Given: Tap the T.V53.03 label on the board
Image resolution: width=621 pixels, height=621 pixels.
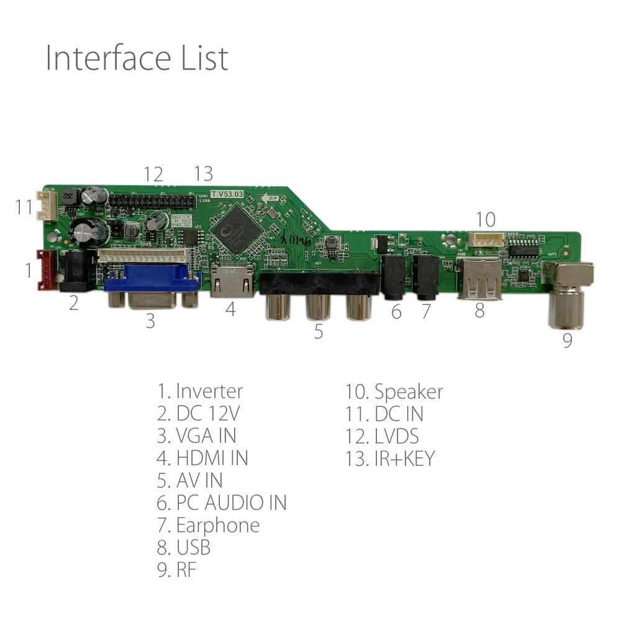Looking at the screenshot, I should [227, 194].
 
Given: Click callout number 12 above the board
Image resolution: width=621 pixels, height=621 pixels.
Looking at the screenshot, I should [153, 175].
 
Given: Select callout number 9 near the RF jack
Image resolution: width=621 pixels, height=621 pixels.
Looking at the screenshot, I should [567, 341].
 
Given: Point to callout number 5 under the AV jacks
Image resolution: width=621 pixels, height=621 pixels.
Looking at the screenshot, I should [318, 332].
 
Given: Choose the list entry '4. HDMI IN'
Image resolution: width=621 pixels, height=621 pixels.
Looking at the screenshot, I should [202, 458].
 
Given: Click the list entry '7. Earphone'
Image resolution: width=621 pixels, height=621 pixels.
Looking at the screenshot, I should [208, 525].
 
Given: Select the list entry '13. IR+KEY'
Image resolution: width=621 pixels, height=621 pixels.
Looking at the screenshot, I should [390, 458].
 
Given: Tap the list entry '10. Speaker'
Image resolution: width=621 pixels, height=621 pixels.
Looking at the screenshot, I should [394, 392].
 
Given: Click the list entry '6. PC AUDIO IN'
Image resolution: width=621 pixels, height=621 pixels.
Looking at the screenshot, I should [222, 502].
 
